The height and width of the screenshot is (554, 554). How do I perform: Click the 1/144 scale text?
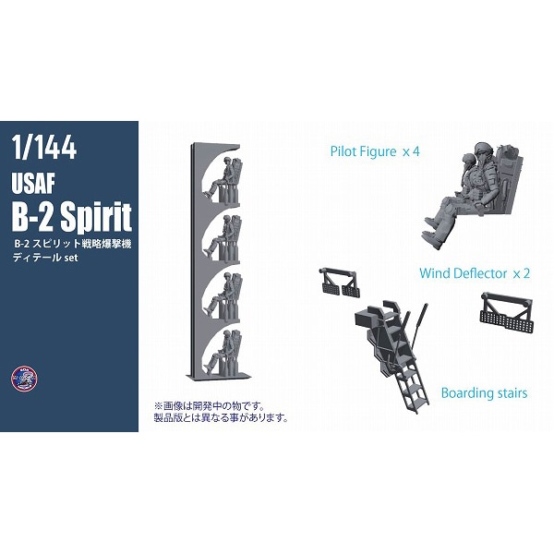coord(44,147)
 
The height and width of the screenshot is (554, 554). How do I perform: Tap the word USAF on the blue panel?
coord(33,184)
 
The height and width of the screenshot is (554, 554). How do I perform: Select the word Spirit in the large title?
coord(96,217)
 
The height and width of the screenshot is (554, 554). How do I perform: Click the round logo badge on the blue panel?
coord(24,378)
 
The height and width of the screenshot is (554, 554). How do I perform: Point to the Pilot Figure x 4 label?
coord(375,151)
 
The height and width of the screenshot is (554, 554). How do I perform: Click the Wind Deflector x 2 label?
coord(475,273)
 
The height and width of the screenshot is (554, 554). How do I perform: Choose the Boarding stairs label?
coord(484,393)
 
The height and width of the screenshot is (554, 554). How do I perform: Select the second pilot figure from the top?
coord(223,238)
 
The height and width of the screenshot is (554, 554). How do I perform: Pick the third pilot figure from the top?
coord(223,296)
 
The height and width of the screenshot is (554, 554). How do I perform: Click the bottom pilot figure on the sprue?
coord(223,353)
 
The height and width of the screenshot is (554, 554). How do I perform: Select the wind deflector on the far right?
coord(507,312)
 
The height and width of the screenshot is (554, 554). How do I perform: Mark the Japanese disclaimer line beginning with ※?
coord(210,405)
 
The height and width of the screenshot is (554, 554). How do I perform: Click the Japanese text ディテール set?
coord(45,258)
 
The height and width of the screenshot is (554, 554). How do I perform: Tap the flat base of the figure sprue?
coord(220,376)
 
